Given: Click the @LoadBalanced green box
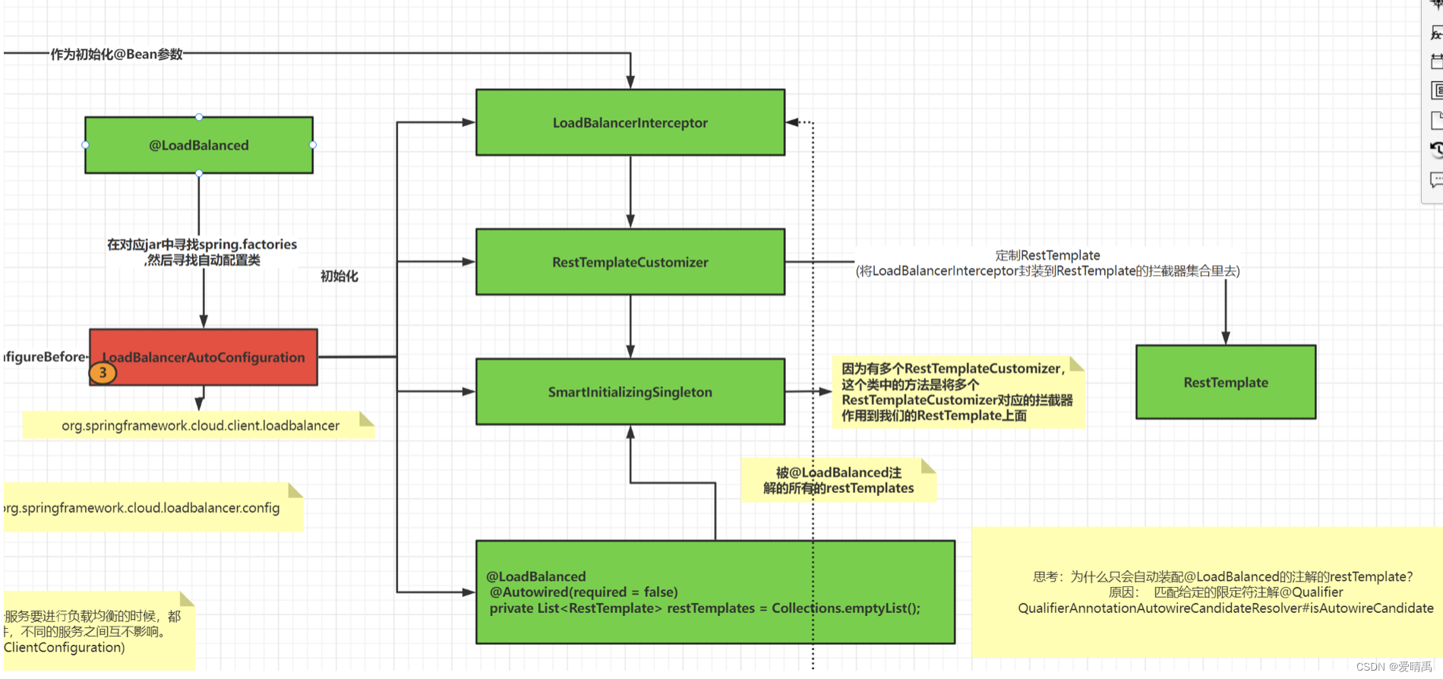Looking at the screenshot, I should coord(198,145).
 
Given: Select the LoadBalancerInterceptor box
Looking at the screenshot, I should coord(630,122).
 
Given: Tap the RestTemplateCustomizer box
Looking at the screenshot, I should coord(630,262).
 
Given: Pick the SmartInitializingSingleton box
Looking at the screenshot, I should coord(630,392).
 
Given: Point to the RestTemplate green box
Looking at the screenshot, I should coord(1225,382).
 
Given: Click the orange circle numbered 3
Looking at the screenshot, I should coord(103,373).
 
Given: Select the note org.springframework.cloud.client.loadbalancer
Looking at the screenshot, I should coord(200,425).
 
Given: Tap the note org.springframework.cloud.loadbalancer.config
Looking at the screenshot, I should coord(144,507).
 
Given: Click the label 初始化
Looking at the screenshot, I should coord(339,276).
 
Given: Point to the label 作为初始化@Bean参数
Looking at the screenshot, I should coord(117,54).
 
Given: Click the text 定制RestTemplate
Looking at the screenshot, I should coord(1047,255).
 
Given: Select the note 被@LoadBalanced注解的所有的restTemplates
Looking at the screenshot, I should coord(838,480).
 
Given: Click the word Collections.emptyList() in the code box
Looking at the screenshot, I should coord(845,608).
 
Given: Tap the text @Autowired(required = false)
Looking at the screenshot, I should coord(583,592).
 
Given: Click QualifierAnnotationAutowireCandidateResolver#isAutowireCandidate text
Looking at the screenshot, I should coord(1225,608).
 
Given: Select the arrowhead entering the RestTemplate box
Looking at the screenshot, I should coord(1225,338).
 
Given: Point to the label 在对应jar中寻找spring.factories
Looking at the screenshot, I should coord(202,245).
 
